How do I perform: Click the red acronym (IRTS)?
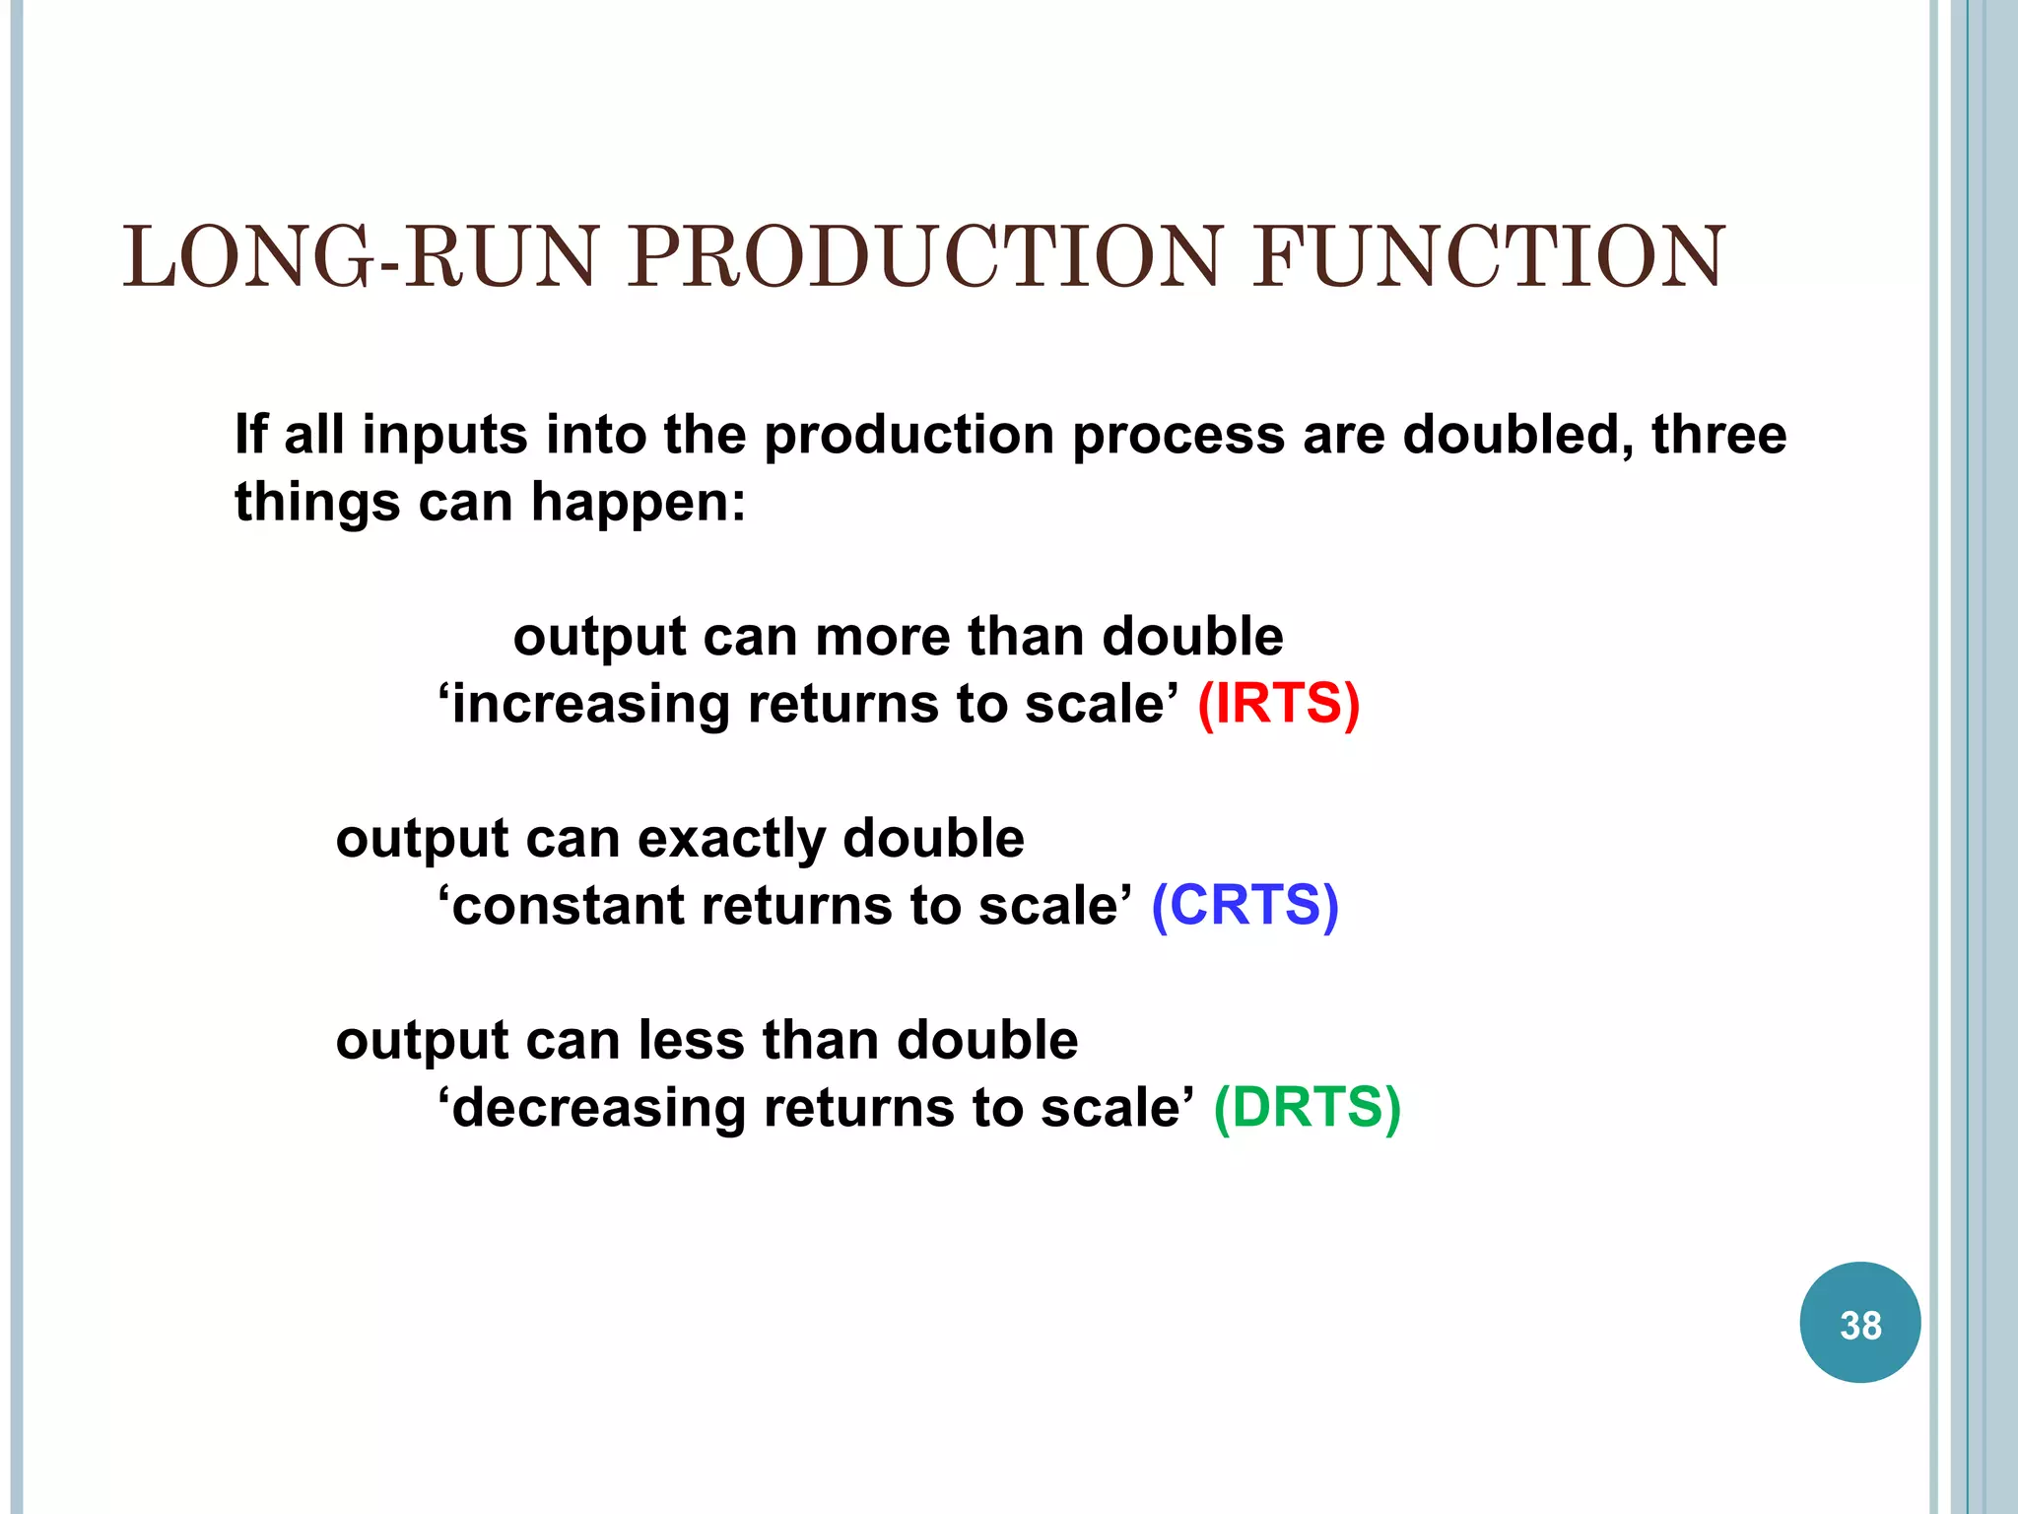[x=1278, y=704]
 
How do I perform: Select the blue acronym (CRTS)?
[x=1244, y=905]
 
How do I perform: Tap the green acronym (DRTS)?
[x=1307, y=1107]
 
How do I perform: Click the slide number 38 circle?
[x=1859, y=1323]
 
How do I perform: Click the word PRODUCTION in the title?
[x=924, y=257]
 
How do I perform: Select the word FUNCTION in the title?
[x=1488, y=257]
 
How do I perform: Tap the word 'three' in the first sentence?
[x=1718, y=434]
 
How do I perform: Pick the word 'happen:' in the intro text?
[x=639, y=503]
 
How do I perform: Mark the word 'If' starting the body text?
[x=250, y=434]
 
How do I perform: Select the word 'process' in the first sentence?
[x=1177, y=436]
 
